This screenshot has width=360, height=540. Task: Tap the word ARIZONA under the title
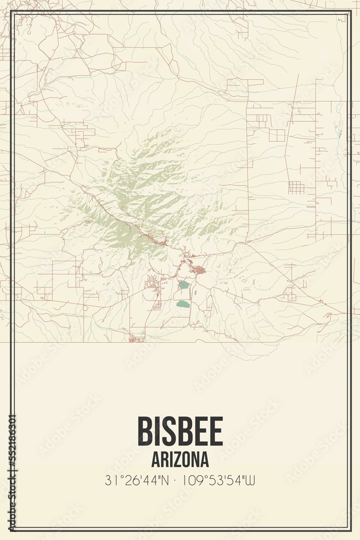click(x=180, y=460)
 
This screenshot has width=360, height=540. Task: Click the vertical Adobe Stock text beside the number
click(x=12, y=502)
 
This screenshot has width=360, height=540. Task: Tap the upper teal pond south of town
click(x=184, y=285)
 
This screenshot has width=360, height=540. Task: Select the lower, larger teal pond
click(x=183, y=304)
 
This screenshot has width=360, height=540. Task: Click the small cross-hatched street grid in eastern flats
click(x=296, y=188)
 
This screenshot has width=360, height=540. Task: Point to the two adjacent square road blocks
click(x=277, y=135)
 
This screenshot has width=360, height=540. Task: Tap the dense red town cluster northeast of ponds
click(x=199, y=269)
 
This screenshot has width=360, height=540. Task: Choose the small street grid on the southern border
click(x=137, y=338)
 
